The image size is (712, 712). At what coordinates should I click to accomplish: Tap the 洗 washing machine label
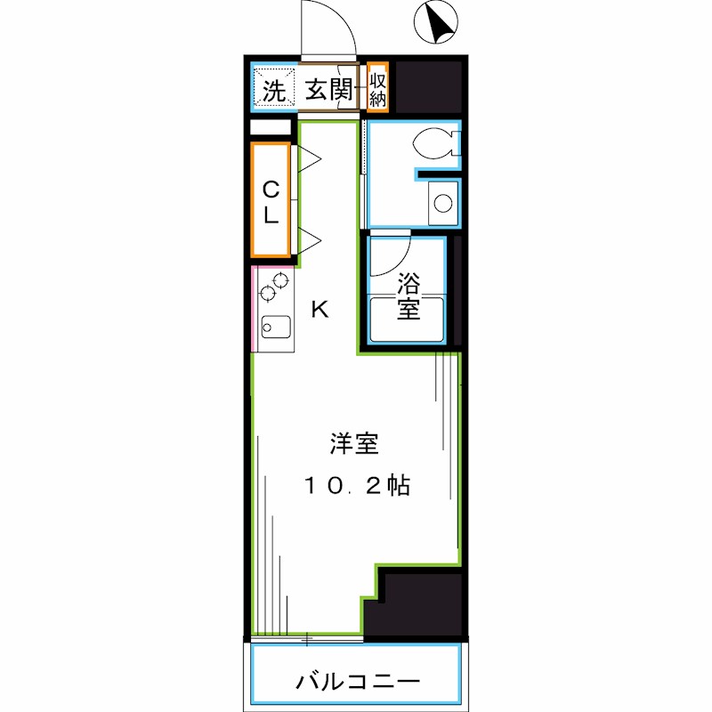coord(273,89)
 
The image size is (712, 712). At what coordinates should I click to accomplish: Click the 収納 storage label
coord(377,88)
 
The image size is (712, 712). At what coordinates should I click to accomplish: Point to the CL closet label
coord(271,200)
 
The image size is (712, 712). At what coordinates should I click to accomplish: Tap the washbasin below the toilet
coord(441,203)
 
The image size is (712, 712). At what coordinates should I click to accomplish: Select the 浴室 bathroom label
coord(408,296)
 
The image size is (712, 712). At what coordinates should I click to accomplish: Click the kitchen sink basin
coord(273,328)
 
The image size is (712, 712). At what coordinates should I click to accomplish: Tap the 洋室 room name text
coord(355,441)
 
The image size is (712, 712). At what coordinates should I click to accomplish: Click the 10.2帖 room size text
coord(355,486)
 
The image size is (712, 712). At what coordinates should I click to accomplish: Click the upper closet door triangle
coord(308,160)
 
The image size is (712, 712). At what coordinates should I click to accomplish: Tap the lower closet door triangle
coord(308,239)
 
